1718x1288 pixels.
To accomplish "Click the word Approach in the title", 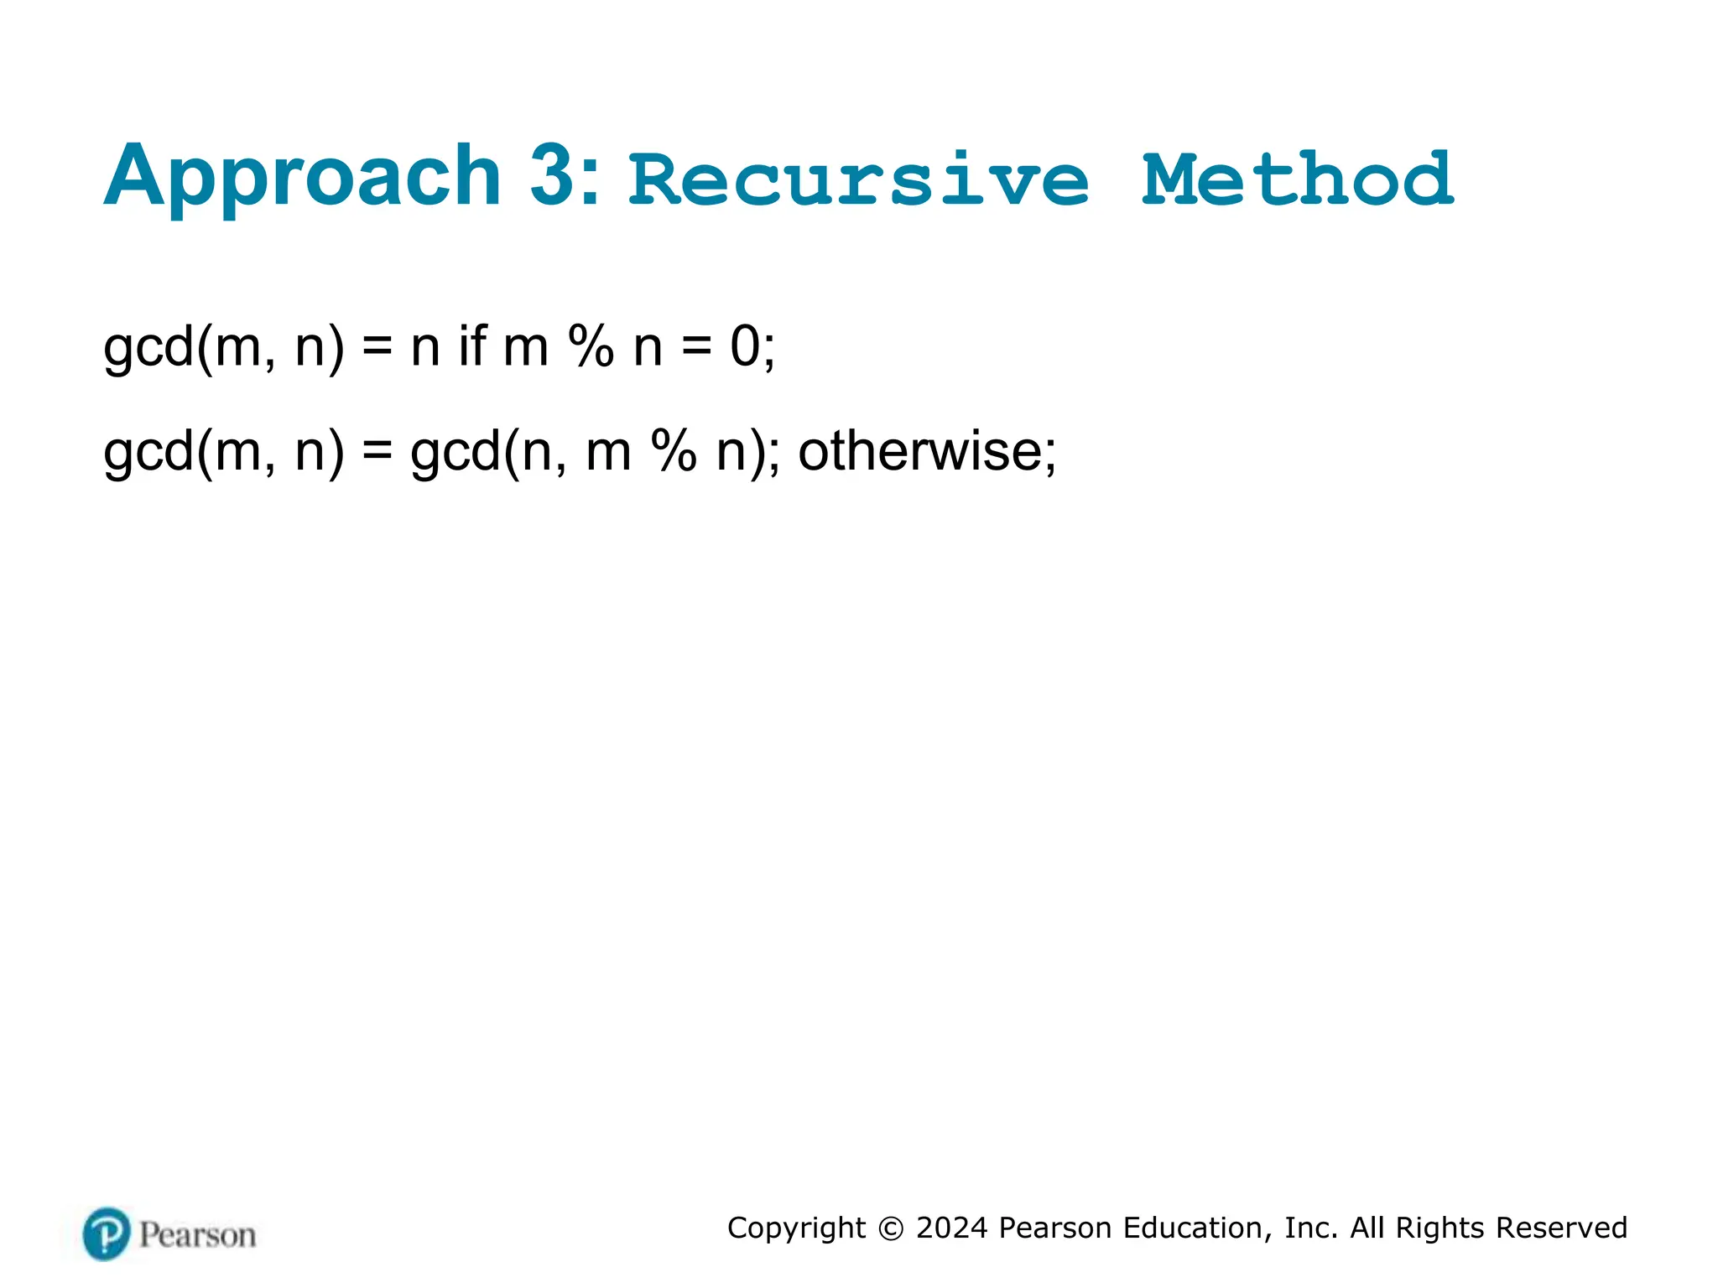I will click(302, 178).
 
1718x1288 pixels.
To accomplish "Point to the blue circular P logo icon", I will click(107, 1233).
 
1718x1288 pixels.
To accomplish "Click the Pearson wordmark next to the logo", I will click(197, 1235).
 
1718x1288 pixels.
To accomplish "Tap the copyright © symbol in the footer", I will click(891, 1228).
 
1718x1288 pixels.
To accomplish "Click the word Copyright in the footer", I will click(796, 1228).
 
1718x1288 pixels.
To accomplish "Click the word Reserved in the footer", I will click(1561, 1228).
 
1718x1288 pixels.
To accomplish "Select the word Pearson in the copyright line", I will click(1056, 1228).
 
